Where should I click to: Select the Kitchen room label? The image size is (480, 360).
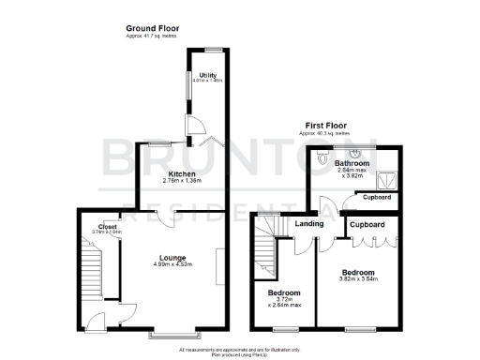click(181, 174)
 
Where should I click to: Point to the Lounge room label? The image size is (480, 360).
click(172, 258)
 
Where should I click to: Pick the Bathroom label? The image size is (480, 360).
click(352, 164)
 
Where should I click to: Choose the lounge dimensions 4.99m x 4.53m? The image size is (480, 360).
click(172, 265)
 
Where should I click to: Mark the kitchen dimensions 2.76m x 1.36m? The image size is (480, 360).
click(181, 182)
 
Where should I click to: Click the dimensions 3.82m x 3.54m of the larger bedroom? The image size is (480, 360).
click(359, 278)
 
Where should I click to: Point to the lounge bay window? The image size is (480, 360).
click(173, 333)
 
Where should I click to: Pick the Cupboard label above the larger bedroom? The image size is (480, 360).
click(367, 226)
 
